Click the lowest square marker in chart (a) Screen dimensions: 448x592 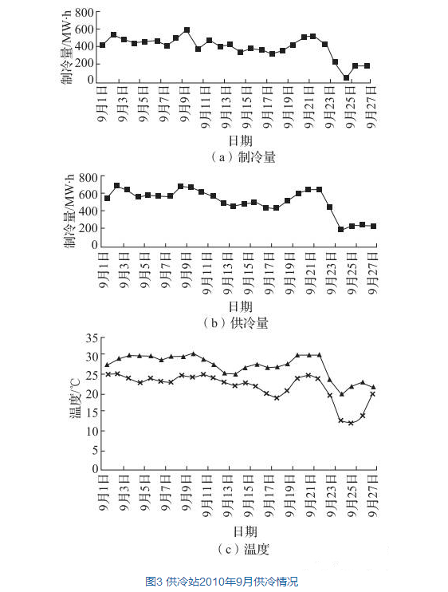tap(346, 77)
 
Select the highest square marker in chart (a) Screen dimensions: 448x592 tap(187, 30)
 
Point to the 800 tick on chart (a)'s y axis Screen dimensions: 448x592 tap(84, 13)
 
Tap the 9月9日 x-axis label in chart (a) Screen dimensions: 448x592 tap(185, 104)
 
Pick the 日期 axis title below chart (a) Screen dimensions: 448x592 tap(240, 141)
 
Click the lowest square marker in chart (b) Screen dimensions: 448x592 tap(341, 229)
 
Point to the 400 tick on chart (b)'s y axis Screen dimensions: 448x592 tap(88, 211)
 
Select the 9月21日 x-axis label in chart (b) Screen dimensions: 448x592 tap(311, 273)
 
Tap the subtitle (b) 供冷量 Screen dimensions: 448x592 tap(236, 323)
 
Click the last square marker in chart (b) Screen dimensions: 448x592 tap(373, 226)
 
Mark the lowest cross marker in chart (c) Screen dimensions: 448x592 tap(351, 423)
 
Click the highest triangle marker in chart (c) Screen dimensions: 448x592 tap(194, 353)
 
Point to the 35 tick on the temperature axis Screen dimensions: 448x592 tap(92, 338)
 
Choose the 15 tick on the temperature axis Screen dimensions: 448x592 tap(92, 412)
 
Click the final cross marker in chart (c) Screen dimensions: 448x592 tap(372, 394)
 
